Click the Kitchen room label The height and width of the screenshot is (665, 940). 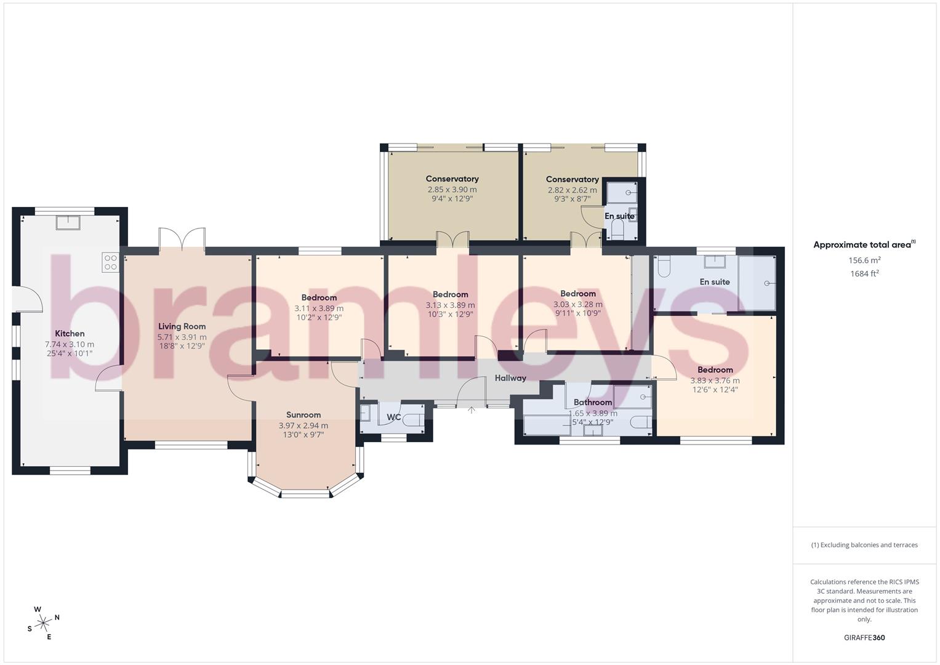point(70,334)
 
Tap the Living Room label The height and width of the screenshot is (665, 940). point(182,326)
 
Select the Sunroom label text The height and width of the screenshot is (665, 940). point(303,415)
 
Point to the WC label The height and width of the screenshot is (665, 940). point(394,417)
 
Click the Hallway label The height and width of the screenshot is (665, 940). point(510,378)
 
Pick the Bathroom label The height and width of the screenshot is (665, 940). point(592,403)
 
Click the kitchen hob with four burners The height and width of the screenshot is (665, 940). point(111,262)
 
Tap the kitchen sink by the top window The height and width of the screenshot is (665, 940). point(67,222)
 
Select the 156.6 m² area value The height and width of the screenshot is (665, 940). point(864,260)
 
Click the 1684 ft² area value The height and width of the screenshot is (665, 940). point(864,274)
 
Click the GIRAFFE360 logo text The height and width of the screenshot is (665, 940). point(864,638)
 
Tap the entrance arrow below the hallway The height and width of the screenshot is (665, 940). point(472,409)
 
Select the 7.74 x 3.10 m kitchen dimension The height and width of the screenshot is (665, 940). point(70,344)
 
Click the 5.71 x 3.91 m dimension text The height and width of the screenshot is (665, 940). point(182,337)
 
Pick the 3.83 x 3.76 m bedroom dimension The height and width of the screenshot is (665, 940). point(715,381)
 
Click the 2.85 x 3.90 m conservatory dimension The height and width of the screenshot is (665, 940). point(452,190)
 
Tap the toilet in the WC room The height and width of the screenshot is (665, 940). point(414,421)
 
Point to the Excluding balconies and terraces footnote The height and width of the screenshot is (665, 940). point(864,545)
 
